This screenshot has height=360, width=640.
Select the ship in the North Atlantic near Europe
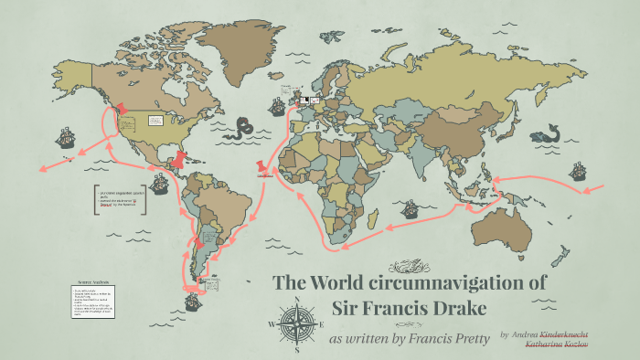(272, 106)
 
